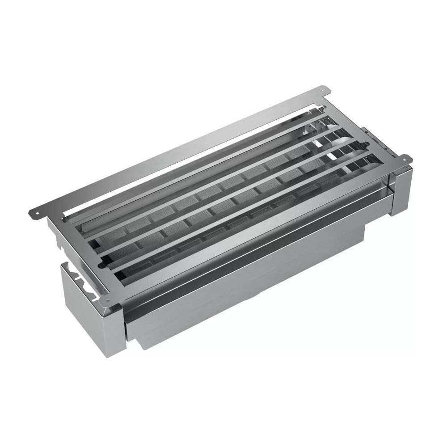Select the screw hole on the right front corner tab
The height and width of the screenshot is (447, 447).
tap(406, 157)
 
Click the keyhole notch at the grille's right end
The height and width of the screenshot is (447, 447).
tap(367, 144)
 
